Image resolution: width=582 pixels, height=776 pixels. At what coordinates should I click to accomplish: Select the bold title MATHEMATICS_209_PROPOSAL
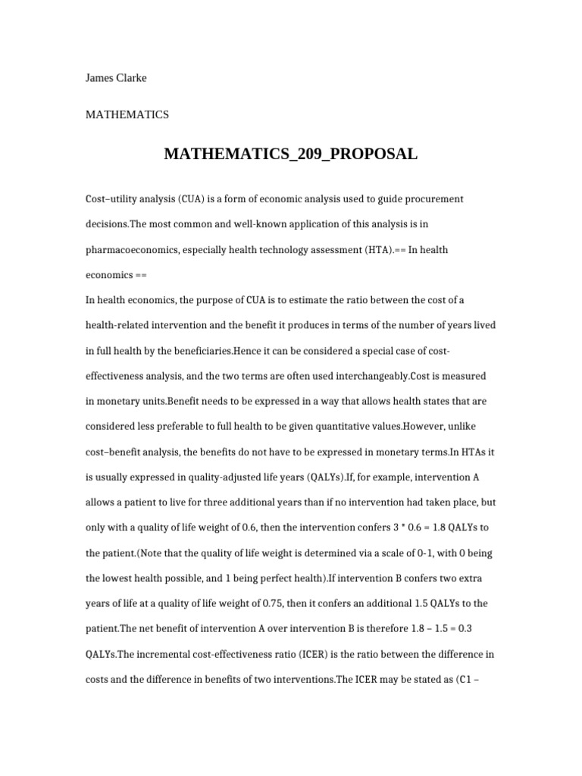pos(290,155)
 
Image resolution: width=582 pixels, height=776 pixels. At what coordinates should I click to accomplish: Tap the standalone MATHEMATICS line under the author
pos(127,115)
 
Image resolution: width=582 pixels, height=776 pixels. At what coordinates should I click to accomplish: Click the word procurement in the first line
pos(430,199)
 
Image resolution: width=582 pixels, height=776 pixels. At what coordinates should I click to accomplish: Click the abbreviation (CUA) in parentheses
pos(197,199)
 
